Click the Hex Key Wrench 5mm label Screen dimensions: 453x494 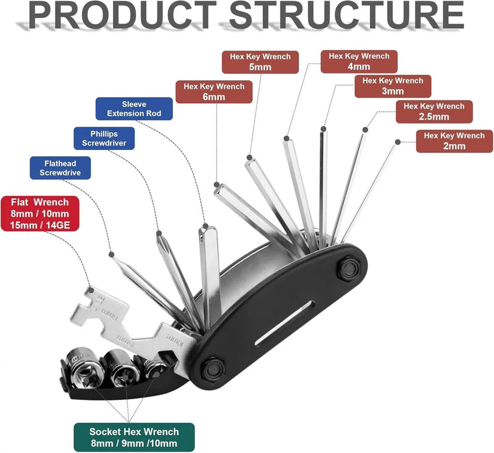pyautogui.click(x=261, y=62)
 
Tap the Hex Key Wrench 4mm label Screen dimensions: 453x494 pyautogui.click(x=359, y=61)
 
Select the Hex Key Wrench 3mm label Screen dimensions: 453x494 pyautogui.click(x=393, y=86)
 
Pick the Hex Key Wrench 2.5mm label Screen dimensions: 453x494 pyautogui.click(x=434, y=111)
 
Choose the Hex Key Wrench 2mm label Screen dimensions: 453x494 pyautogui.click(x=454, y=141)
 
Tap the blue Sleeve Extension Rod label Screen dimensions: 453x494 pyautogui.click(x=134, y=109)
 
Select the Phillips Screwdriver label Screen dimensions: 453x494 pyautogui.click(x=104, y=138)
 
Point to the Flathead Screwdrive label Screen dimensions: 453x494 pyautogui.click(x=60, y=168)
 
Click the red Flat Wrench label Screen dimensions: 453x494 pyautogui.click(x=40, y=213)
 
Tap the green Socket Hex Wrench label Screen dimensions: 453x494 pyautogui.click(x=133, y=438)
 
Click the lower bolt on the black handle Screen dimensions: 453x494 pyautogui.click(x=213, y=370)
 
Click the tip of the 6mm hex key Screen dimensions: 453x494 pyautogui.click(x=217, y=185)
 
